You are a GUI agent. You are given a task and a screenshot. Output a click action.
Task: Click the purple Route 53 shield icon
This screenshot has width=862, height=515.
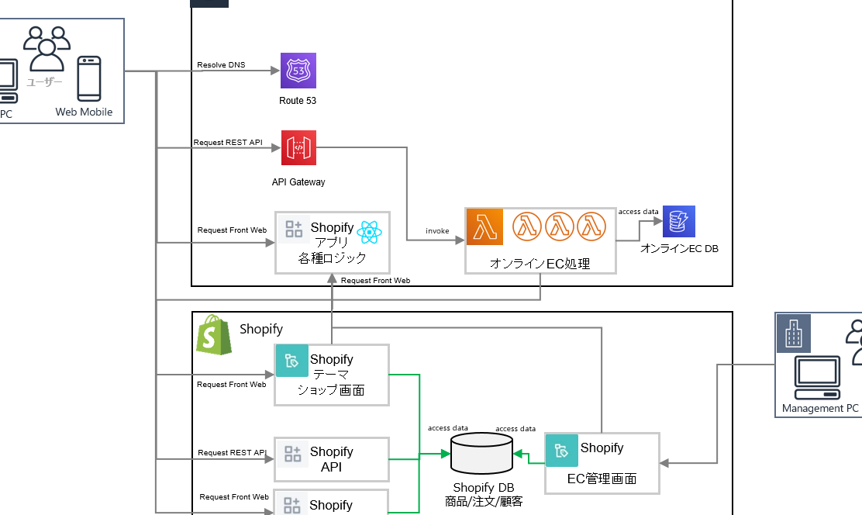click(x=298, y=71)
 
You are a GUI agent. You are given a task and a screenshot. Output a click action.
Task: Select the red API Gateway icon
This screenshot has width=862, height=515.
click(x=298, y=147)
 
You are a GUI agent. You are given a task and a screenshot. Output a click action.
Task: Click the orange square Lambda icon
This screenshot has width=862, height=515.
click(x=484, y=226)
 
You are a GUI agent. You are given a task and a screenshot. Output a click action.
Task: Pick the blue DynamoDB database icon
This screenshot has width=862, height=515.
click(x=679, y=221)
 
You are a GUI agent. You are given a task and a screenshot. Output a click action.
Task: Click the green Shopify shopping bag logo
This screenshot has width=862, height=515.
click(x=214, y=335)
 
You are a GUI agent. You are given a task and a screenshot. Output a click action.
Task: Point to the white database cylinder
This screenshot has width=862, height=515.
click(x=481, y=453)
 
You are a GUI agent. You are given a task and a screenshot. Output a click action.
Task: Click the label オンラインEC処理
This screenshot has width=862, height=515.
click(x=540, y=264)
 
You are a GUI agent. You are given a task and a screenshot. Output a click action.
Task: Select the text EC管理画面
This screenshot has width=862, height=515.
click(x=602, y=479)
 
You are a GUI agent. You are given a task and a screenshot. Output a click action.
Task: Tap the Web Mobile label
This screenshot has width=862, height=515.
click(x=84, y=112)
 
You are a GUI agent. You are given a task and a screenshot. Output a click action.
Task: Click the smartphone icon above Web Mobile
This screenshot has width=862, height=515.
click(x=88, y=78)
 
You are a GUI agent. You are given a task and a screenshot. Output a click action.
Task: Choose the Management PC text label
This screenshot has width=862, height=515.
click(x=820, y=408)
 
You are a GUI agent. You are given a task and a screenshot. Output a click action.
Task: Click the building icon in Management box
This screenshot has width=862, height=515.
click(x=794, y=334)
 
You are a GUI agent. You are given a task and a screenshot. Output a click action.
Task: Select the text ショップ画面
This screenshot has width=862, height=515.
click(x=331, y=390)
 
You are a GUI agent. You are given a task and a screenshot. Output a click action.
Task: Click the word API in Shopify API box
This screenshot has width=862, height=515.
click(x=331, y=467)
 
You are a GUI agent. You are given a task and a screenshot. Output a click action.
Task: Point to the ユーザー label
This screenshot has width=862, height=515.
click(x=44, y=82)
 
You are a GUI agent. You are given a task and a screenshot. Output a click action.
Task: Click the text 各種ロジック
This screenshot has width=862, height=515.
click(x=332, y=258)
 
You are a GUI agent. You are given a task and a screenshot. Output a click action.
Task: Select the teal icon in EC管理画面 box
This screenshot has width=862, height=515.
click(x=562, y=450)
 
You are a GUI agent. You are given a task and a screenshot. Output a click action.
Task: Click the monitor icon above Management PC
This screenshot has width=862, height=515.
click(x=817, y=377)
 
